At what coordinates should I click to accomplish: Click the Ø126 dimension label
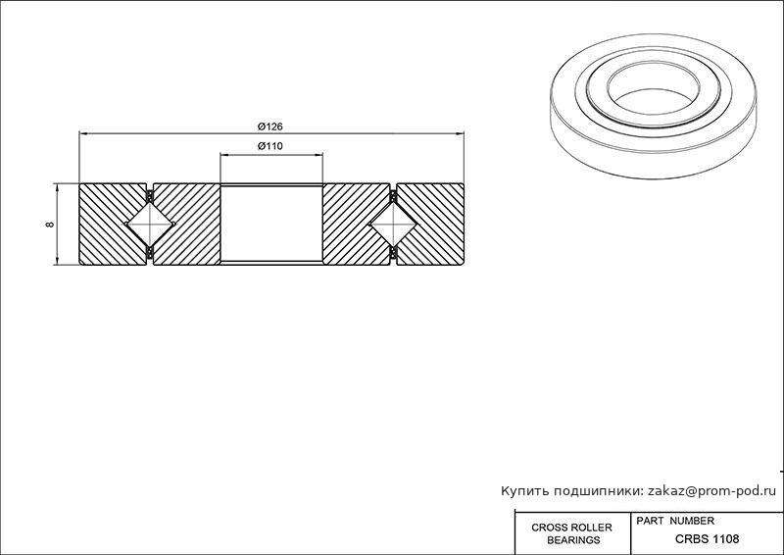click(x=270, y=126)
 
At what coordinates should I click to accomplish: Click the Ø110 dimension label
click(x=270, y=146)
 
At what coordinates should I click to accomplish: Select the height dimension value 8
click(x=50, y=225)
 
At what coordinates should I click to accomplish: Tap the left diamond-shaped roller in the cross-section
click(x=150, y=225)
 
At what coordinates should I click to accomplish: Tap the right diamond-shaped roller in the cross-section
click(x=394, y=225)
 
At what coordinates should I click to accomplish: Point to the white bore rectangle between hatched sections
click(x=271, y=224)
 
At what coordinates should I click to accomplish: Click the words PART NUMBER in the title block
click(x=675, y=521)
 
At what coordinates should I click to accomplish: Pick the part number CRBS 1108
click(x=707, y=539)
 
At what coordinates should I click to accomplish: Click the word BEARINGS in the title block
click(x=573, y=540)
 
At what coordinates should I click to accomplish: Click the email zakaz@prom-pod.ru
click(x=712, y=491)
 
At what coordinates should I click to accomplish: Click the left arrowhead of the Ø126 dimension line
click(x=84, y=133)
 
